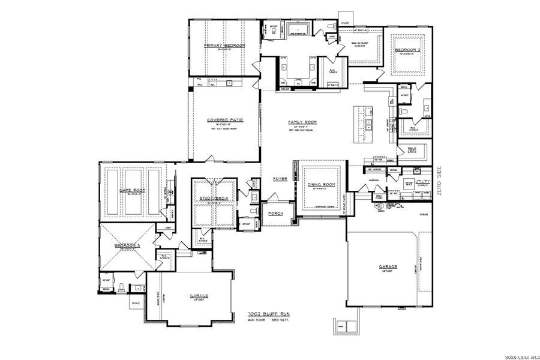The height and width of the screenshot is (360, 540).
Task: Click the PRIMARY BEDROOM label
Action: [x=224, y=46]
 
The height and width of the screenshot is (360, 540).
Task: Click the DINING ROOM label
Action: [x=322, y=185]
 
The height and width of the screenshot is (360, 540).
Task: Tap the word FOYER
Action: [x=280, y=178]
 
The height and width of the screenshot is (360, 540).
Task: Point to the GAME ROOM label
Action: [x=133, y=190]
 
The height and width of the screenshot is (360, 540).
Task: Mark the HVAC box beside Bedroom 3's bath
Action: [x=136, y=303]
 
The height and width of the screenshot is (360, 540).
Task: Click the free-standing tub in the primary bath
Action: [x=297, y=29]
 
